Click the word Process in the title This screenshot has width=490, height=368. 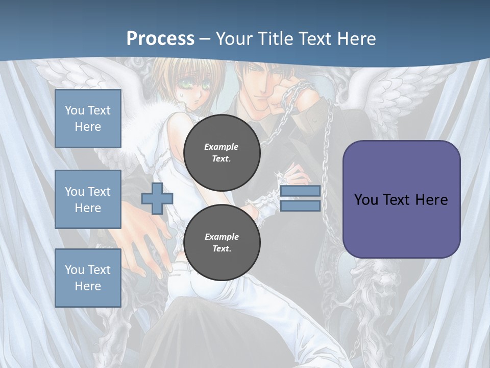point(160,39)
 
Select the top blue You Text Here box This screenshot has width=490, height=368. point(88,119)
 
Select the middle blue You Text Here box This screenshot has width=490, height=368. point(88,199)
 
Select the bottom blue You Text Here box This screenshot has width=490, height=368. point(88,278)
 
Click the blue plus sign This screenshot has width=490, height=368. point(157,198)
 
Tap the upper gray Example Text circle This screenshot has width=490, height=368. point(222,153)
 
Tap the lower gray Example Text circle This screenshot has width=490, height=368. point(222,243)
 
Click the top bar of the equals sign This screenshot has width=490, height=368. point(300,191)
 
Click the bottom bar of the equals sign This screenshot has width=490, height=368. point(300,205)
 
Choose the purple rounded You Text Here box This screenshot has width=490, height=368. point(401,199)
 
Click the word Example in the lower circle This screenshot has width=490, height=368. point(222,237)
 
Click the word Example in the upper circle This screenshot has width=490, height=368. point(222,147)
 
